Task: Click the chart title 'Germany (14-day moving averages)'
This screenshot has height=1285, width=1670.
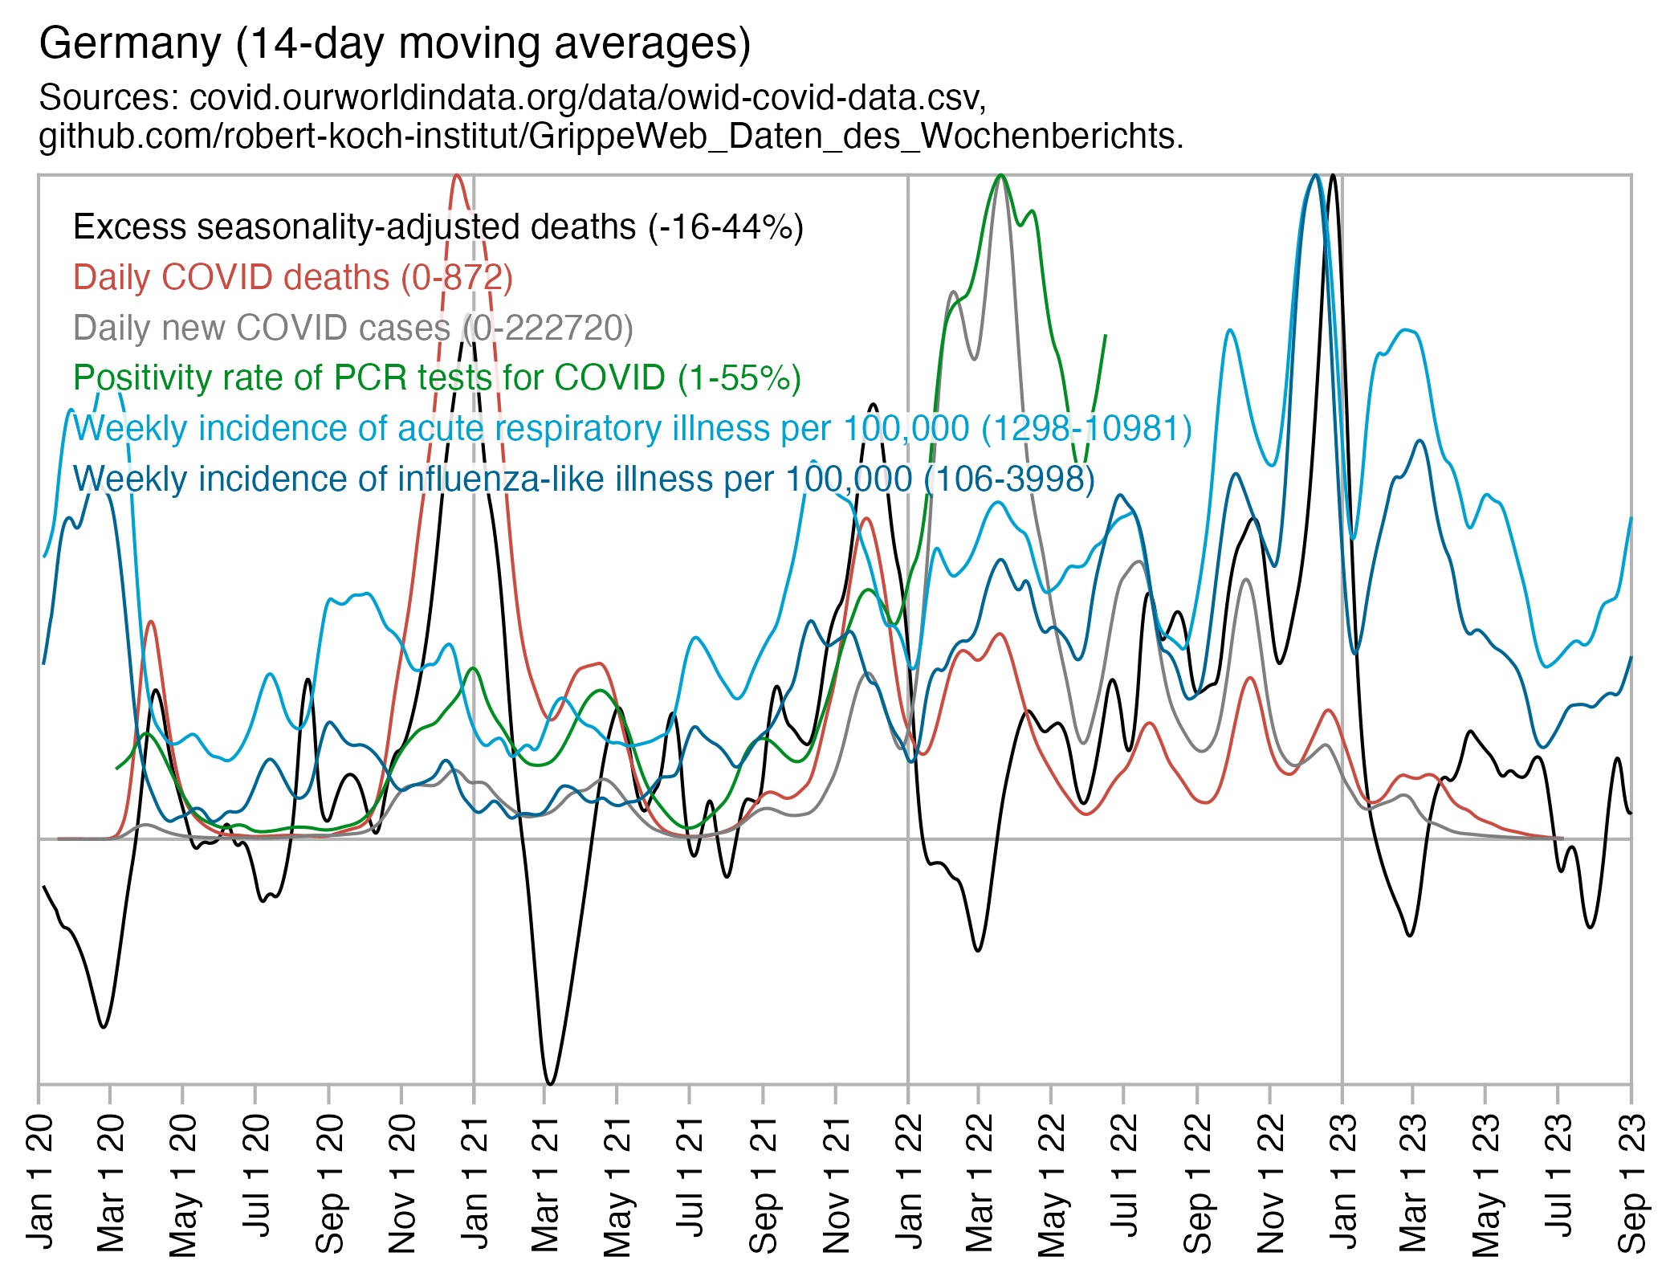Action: [x=394, y=44]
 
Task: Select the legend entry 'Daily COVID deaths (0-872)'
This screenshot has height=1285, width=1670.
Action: [x=292, y=278]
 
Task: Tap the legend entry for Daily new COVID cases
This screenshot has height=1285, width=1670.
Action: [x=352, y=328]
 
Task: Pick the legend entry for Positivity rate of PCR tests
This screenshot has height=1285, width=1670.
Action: [x=437, y=378]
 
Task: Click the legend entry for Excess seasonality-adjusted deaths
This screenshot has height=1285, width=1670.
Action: [x=438, y=228]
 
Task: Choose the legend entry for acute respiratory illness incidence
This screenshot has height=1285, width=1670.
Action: [x=632, y=429]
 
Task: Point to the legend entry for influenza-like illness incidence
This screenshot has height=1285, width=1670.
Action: [x=584, y=479]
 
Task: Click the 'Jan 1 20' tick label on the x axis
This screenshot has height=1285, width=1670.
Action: [x=40, y=1181]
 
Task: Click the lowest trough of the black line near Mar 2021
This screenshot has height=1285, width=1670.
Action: [x=550, y=1083]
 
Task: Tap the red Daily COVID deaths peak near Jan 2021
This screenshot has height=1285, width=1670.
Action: [x=457, y=176]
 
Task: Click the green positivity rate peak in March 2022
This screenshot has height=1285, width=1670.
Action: [x=1000, y=176]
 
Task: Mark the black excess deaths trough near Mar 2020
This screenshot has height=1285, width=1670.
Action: [x=103, y=1026]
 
